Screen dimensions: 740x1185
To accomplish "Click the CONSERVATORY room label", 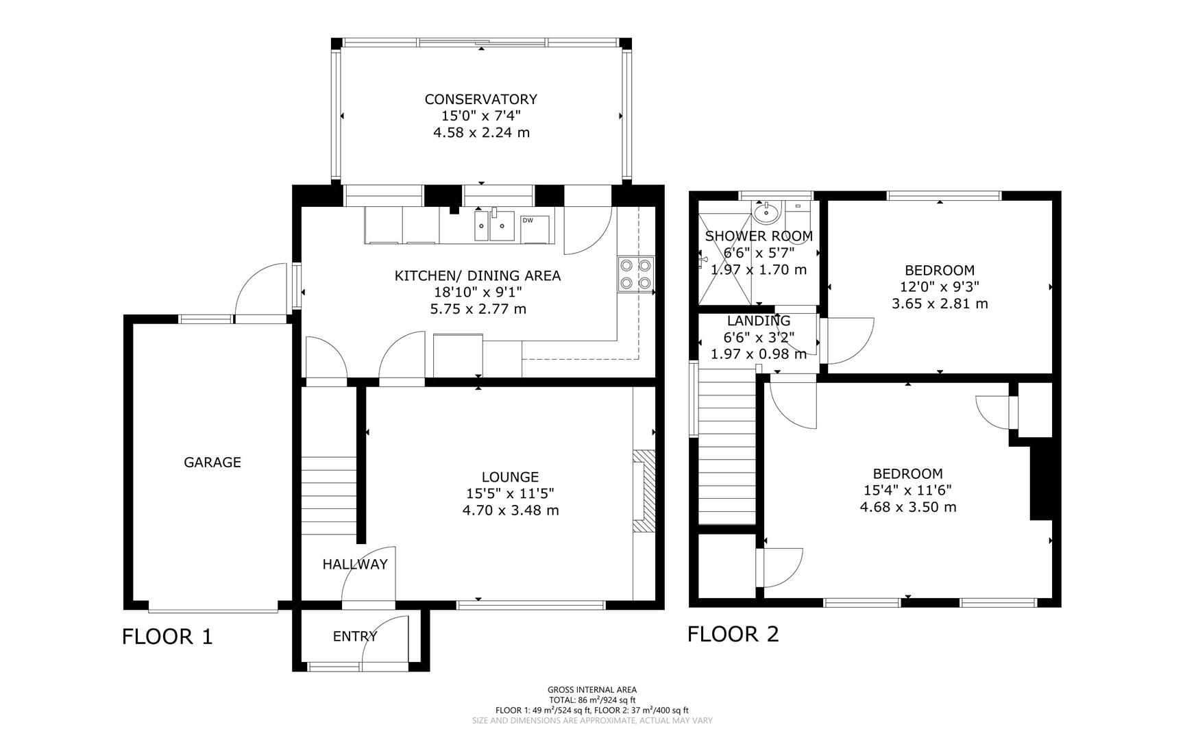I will (x=480, y=99).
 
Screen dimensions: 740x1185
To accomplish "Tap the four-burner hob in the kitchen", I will (x=635, y=273).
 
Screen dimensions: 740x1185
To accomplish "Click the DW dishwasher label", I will (x=528, y=221).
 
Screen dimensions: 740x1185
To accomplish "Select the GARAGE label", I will (x=212, y=463).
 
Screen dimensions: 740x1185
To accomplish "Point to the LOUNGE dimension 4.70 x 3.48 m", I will (x=511, y=510).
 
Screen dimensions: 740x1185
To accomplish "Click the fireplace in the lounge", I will (x=643, y=491).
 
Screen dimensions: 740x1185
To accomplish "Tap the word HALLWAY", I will (x=355, y=565).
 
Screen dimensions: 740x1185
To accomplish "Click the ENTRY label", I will (x=355, y=637).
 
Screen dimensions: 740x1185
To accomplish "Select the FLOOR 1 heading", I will (x=167, y=637).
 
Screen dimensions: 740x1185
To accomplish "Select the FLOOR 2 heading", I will (x=733, y=634).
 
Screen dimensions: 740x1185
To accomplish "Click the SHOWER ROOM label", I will (x=759, y=236).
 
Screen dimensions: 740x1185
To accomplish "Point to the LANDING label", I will (x=759, y=321).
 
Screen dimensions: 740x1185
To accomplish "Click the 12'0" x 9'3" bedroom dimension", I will (x=939, y=287).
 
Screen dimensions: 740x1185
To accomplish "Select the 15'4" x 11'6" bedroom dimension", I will (x=907, y=491).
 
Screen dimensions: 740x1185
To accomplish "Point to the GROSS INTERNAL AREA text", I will (x=591, y=690).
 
